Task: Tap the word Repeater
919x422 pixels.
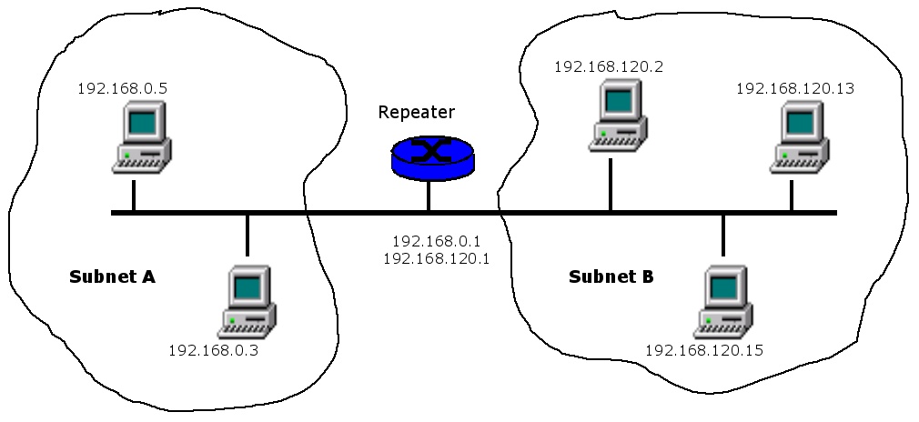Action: pos(416,112)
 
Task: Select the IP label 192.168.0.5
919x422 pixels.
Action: pos(122,88)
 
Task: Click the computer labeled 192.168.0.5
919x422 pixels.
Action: pos(142,137)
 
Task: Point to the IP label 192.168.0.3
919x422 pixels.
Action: pos(214,349)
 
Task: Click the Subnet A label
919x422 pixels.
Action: pos(112,276)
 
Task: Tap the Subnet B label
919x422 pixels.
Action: pos(611,276)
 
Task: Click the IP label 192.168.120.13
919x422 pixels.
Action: pos(794,88)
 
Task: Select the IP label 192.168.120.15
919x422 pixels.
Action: pos(703,349)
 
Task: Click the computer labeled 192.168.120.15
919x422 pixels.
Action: pos(725,301)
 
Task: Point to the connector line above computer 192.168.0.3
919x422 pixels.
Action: pos(247,236)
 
